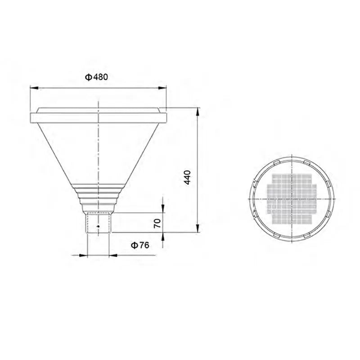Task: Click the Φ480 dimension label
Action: pos(96,77)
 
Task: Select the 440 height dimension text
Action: pos(188,177)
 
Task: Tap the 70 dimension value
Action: pos(157,223)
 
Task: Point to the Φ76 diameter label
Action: pos(140,245)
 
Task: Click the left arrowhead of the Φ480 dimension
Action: pos(34,88)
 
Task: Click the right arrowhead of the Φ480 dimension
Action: pos(162,88)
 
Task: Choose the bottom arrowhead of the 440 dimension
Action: pos(198,229)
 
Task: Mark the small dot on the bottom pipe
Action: pos(98,226)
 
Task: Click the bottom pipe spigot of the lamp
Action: pos(98,223)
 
